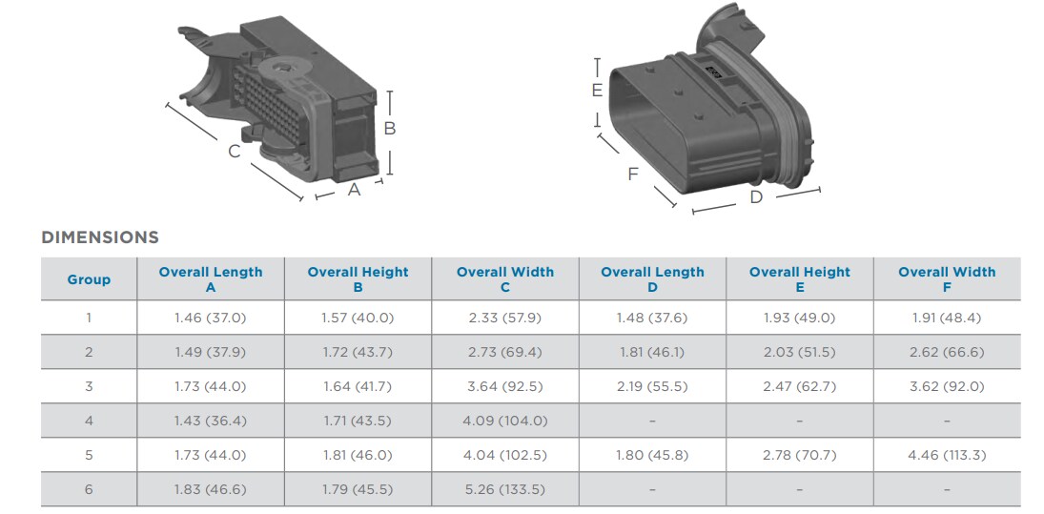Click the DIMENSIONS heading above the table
pos(100,237)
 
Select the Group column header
pos(89,279)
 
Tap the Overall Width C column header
pos(504,279)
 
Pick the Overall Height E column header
pos(799,279)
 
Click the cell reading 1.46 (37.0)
pos(210,318)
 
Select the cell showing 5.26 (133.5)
pos(504,489)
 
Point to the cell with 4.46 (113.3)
pos(946,455)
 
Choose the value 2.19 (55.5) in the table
pos(652,386)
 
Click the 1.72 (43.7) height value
pos(358,352)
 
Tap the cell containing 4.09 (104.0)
pos(504,421)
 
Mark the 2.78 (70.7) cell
pos(799,455)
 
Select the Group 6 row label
pos(89,489)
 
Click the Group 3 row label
pos(89,386)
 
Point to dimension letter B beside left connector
pos(390,129)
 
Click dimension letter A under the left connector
pos(354,190)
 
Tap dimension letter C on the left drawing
pos(235,151)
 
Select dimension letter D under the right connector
pos(756,197)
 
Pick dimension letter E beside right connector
pos(597,91)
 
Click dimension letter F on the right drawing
pos(633,174)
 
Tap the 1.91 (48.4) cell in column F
pos(946,318)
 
